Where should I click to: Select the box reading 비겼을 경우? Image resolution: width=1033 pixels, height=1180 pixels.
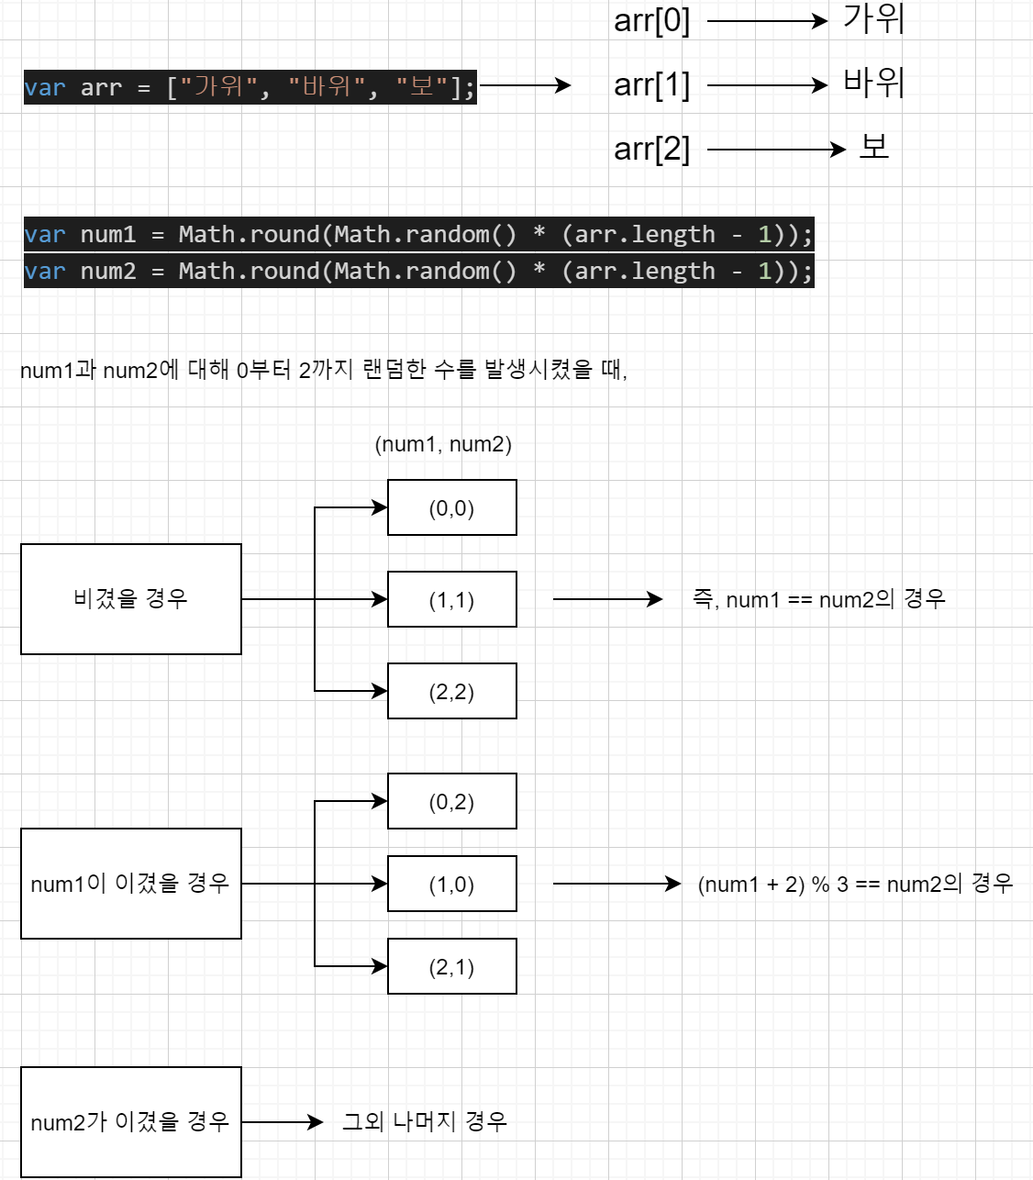coord(130,599)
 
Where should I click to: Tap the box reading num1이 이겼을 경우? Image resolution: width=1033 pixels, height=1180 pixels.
coord(130,884)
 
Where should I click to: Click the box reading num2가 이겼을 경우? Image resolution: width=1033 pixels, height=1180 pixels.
coord(130,1122)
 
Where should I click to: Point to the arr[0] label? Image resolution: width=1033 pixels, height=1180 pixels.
coord(651,20)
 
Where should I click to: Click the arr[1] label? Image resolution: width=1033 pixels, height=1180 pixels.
coord(651,85)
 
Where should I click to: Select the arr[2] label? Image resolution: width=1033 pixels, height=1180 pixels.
coord(651,149)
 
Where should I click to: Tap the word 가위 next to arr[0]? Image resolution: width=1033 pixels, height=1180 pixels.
coord(873,19)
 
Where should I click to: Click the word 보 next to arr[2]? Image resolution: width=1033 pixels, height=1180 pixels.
coord(873,147)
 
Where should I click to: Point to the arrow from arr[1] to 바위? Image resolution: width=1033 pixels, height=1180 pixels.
coord(767,85)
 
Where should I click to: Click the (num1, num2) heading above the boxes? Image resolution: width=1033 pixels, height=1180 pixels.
coord(443,444)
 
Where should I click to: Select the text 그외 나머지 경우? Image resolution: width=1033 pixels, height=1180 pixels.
coord(424,1121)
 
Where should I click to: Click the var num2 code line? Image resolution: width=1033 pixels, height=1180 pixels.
coord(418,272)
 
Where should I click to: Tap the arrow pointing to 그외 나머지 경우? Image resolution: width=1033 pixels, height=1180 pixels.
coord(283,1122)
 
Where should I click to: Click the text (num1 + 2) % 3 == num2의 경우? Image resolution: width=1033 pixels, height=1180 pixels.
coord(855,884)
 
